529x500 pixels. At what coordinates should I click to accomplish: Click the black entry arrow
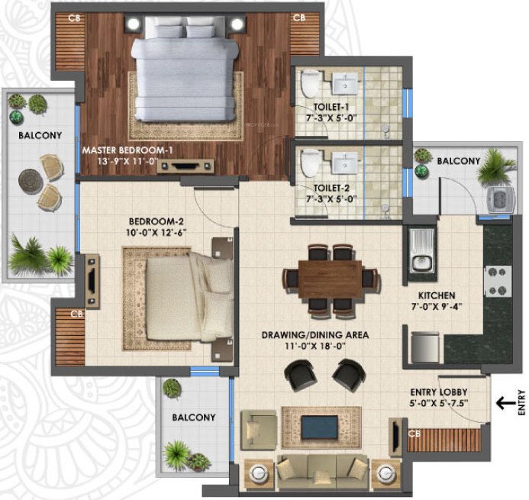pyautogui.click(x=506, y=402)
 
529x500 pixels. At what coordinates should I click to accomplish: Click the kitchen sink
pyautogui.click(x=421, y=253)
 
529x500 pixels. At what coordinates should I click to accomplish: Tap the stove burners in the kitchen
pyautogui.click(x=497, y=280)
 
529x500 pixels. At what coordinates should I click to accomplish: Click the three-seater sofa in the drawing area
pyautogui.click(x=314, y=472)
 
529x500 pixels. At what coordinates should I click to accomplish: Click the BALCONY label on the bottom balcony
pyautogui.click(x=193, y=418)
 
